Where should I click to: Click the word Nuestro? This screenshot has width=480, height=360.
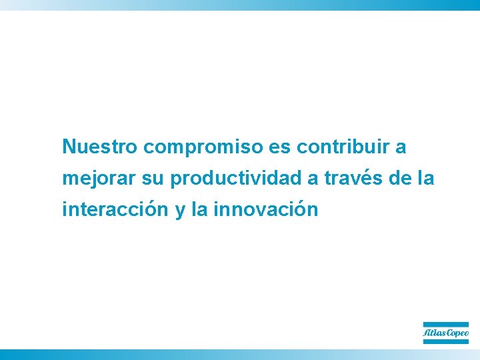[x=99, y=147]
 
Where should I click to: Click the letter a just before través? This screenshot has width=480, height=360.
[x=313, y=179]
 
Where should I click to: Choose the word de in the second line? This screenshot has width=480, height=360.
[x=401, y=179]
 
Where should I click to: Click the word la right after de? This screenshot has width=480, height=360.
[x=427, y=179]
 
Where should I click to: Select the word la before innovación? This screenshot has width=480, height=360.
[x=199, y=210]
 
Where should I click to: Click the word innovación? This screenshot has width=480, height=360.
[x=266, y=210]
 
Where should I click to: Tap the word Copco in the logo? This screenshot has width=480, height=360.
[x=457, y=333]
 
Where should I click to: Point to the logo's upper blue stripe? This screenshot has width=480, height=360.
[x=446, y=325]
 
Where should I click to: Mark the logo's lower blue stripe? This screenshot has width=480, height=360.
[x=446, y=341]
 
